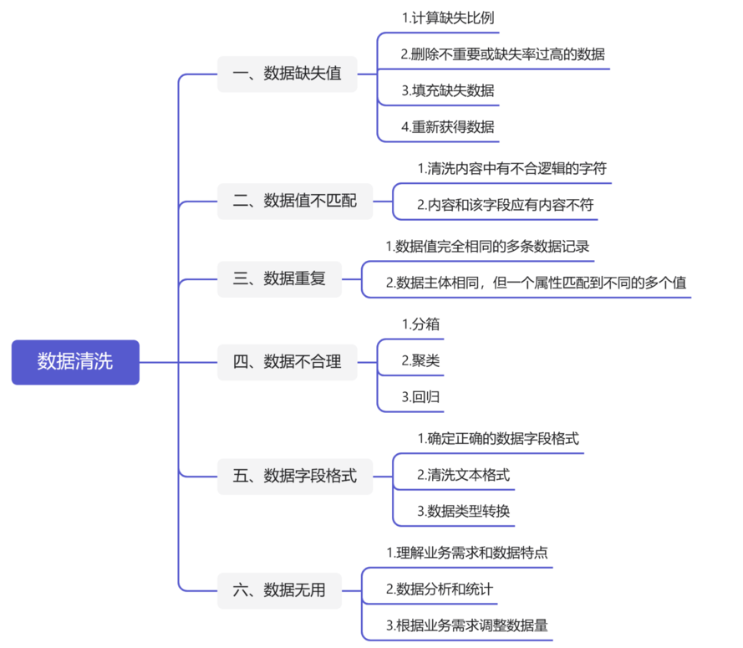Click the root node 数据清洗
pyautogui.click(x=75, y=362)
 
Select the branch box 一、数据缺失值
pyautogui.click(x=288, y=74)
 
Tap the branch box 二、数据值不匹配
pyautogui.click(x=295, y=201)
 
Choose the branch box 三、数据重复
pyautogui.click(x=280, y=278)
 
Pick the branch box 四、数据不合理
pyautogui.click(x=288, y=362)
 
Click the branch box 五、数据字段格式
pyautogui.click(x=295, y=477)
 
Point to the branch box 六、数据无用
pyautogui.click(x=280, y=590)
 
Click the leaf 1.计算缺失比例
pyautogui.click(x=448, y=18)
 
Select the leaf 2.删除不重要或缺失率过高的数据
pyautogui.click(x=503, y=54)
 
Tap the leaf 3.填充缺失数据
pyautogui.click(x=448, y=90)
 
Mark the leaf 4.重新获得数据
pyautogui.click(x=448, y=127)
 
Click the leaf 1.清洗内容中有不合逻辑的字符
pyautogui.click(x=511, y=168)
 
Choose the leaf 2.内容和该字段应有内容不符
pyautogui.click(x=505, y=205)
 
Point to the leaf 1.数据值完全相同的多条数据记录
pyautogui.click(x=487, y=247)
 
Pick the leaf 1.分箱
pyautogui.click(x=420, y=324)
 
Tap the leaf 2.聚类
pyautogui.click(x=420, y=360)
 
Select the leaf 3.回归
pyautogui.click(x=420, y=397)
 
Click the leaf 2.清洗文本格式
pyautogui.click(x=463, y=475)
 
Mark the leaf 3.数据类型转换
pyautogui.click(x=463, y=511)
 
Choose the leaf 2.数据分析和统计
pyautogui.click(x=440, y=589)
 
